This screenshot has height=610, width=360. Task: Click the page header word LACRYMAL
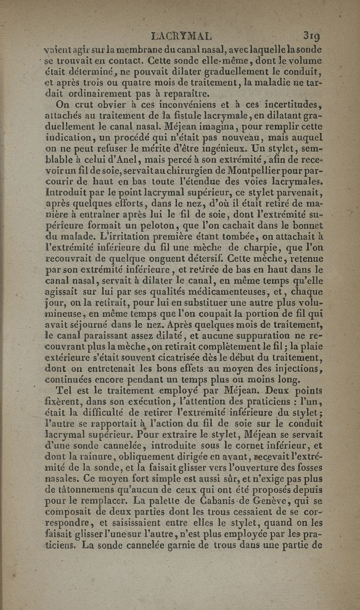point(182,36)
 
